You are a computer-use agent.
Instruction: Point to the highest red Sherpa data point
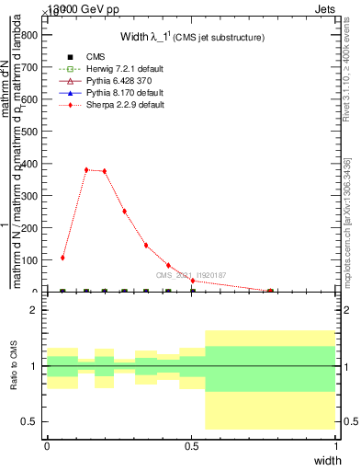86,169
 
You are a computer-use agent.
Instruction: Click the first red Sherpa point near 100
62,258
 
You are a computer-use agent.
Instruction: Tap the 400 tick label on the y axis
27,164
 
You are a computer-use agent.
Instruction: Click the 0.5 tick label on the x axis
191,445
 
